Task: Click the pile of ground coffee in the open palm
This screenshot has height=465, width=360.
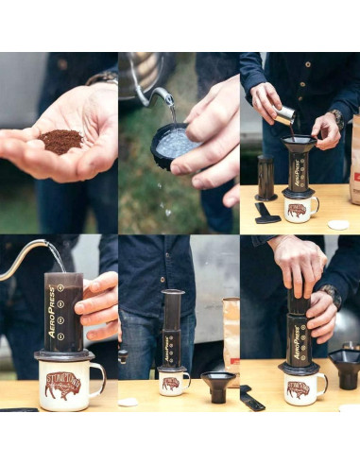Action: click(60, 142)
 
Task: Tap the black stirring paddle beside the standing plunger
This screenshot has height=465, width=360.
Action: click(267, 212)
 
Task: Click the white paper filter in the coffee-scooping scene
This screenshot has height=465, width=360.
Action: click(337, 224)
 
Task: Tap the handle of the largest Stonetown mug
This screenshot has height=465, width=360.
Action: click(97, 379)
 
